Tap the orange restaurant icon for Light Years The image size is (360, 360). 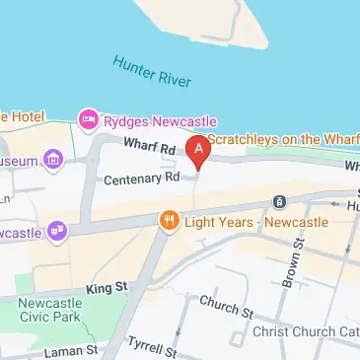point(170,221)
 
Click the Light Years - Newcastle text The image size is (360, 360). point(255,222)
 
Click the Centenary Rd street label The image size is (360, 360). point(143,179)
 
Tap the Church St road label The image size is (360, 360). point(226,306)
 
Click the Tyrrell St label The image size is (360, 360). point(151,346)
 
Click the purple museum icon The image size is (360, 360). point(52,159)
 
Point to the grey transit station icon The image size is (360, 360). point(280,202)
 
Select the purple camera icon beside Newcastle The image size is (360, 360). point(59,231)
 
